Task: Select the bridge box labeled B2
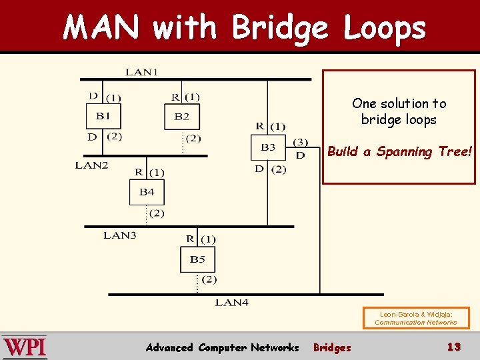click(x=182, y=117)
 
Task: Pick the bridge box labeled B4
click(x=147, y=193)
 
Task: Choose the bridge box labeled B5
click(x=197, y=259)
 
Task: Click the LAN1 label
click(x=141, y=72)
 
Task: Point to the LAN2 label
click(x=91, y=165)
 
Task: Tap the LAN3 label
click(x=120, y=235)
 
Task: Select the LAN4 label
click(x=231, y=303)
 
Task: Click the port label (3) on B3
click(x=301, y=142)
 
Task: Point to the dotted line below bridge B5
click(x=198, y=283)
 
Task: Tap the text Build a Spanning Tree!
click(x=399, y=151)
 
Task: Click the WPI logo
click(x=25, y=347)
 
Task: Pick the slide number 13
click(x=453, y=347)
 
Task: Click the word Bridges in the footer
click(x=332, y=347)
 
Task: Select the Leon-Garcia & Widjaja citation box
click(x=415, y=318)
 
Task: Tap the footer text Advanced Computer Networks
click(x=222, y=347)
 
